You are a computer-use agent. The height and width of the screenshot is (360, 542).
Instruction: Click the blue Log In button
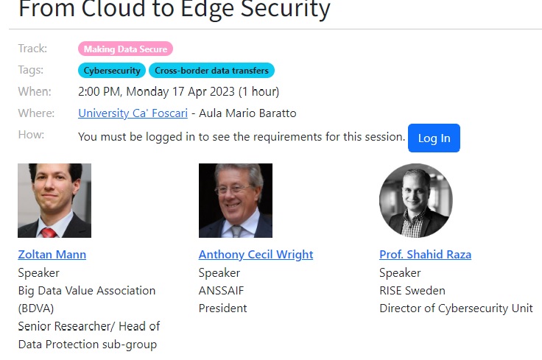pos(434,138)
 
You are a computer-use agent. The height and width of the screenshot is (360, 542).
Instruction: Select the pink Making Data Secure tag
pos(125,49)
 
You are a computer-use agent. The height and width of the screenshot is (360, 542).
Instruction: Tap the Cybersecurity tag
pos(112,70)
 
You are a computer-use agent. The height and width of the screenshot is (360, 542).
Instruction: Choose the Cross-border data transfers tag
pos(211,70)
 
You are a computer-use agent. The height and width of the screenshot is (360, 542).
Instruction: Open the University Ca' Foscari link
pos(133,113)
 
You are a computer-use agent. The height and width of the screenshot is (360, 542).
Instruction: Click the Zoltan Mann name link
pos(52,255)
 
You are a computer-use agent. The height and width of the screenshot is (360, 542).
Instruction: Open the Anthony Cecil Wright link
pos(256,255)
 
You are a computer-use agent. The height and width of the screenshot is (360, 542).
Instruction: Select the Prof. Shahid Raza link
pos(425,255)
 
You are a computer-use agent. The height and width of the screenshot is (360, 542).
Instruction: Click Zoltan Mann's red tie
pos(49,232)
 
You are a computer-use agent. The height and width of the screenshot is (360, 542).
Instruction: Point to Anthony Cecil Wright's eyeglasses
pos(233,189)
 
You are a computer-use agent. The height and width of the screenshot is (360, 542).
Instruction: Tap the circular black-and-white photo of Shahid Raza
pos(416,200)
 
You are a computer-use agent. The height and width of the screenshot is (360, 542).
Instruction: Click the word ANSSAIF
pos(221,291)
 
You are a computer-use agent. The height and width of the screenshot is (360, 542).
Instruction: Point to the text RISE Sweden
pos(412,291)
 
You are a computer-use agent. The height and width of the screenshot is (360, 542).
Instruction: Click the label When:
pos(35,91)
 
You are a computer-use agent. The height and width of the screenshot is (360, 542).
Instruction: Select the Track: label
pos(32,49)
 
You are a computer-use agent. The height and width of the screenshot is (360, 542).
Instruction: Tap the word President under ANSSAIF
pos(222,308)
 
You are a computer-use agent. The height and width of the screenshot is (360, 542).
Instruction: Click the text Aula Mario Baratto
pos(247,113)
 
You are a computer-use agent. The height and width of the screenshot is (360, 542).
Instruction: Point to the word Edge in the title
pos(208,9)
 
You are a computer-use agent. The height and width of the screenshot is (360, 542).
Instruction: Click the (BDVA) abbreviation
pos(36,308)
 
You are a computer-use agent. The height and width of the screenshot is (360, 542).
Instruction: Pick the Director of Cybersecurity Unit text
pos(456,308)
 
